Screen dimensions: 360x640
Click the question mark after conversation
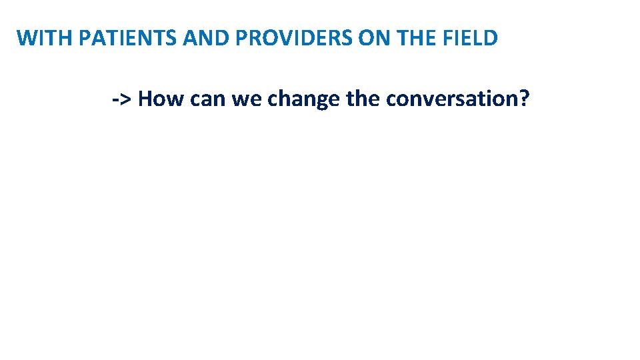click(x=525, y=99)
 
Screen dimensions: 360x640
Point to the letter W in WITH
click(x=26, y=38)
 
